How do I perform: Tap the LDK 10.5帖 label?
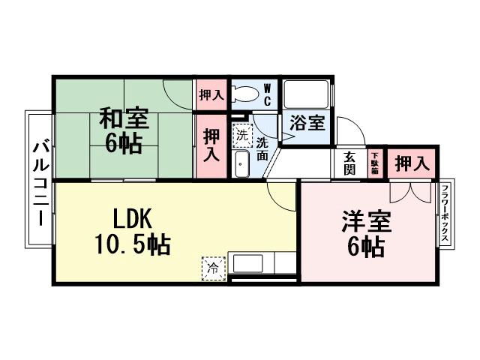point(133,232)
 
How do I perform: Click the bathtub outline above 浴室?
point(305,95)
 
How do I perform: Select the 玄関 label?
point(349,163)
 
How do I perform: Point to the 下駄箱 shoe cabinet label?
point(373,163)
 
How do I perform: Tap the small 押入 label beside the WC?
point(211,95)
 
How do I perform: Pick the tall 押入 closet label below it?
point(211,145)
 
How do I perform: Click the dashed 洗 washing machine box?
point(241,136)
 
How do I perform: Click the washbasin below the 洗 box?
point(241,165)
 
